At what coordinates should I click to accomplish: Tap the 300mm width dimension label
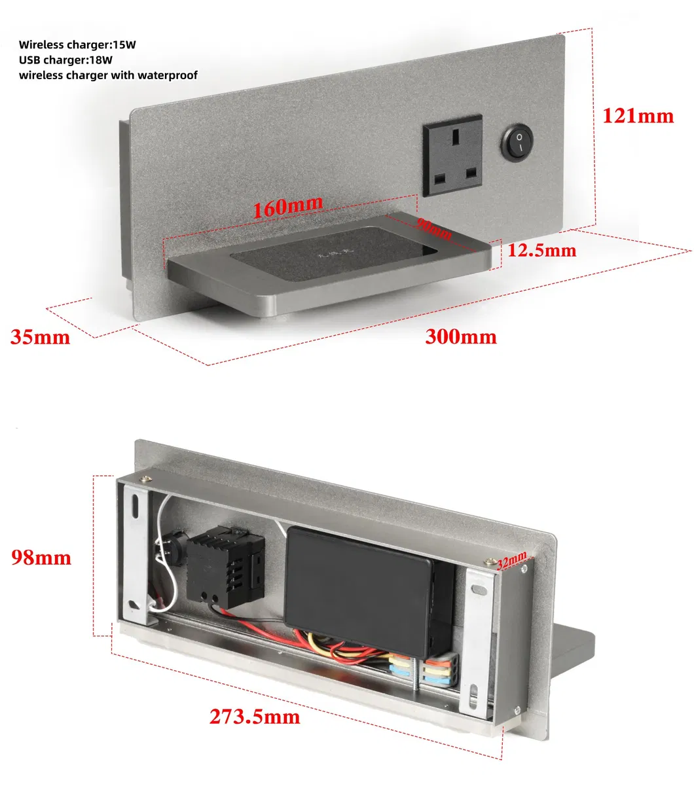click(461, 336)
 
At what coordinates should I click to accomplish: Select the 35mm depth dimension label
click(40, 337)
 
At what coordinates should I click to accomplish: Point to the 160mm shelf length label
click(287, 207)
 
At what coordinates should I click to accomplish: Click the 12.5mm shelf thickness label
click(542, 250)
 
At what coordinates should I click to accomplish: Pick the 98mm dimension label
click(41, 558)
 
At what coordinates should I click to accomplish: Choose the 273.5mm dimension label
click(255, 717)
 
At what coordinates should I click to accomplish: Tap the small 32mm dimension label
click(511, 560)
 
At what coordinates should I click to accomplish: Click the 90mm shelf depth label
click(434, 229)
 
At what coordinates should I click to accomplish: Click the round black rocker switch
click(517, 141)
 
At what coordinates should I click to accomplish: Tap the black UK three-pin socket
click(452, 156)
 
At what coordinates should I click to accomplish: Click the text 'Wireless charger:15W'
click(77, 45)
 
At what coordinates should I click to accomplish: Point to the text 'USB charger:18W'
click(65, 60)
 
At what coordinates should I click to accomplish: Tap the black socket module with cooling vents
click(227, 566)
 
